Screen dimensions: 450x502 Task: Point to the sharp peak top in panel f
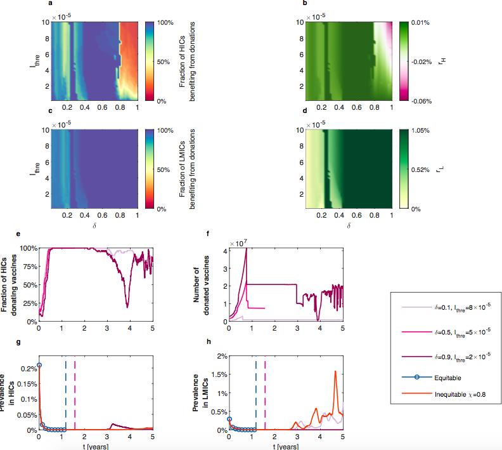(x=245, y=248)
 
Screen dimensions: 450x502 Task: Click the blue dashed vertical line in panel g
(x=65, y=394)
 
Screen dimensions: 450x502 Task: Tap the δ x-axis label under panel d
(x=348, y=225)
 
